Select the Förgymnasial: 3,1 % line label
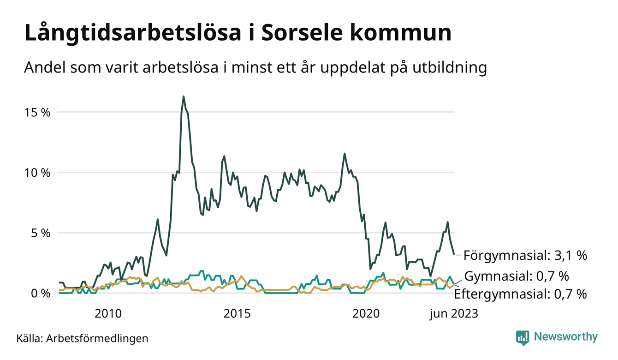pyautogui.click(x=525, y=255)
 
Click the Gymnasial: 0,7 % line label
pyautogui.click(x=516, y=276)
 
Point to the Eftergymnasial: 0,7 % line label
pyautogui.click(x=520, y=294)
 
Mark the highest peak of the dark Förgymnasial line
pyautogui.click(x=184, y=96)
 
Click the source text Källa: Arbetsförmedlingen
pyautogui.click(x=82, y=338)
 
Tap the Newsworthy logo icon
pyautogui.click(x=523, y=337)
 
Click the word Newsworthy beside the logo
pyautogui.click(x=565, y=337)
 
